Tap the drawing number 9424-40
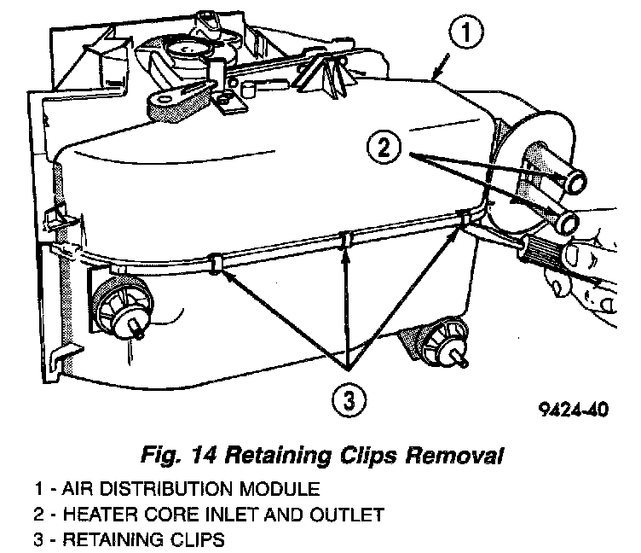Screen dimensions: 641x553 pyautogui.click(x=574, y=408)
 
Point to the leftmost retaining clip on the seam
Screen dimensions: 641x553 pyautogui.click(x=216, y=261)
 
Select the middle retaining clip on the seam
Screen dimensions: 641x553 pyautogui.click(x=344, y=241)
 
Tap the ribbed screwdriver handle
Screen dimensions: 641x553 pyautogui.click(x=546, y=255)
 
